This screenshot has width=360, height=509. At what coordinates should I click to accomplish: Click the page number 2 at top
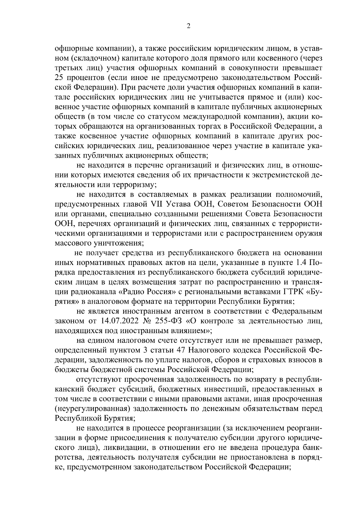coord(188,26)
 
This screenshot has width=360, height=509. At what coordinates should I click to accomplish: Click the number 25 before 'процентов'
coord(59,78)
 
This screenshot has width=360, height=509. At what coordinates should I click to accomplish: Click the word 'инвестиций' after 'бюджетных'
coord(220,389)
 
